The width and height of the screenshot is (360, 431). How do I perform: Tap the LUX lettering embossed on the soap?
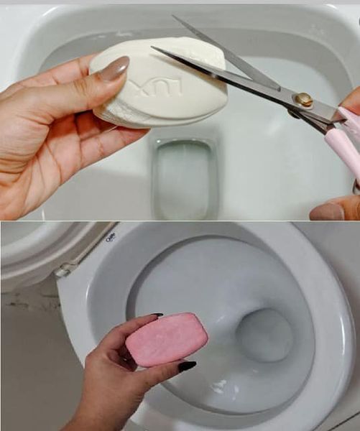pos(165,90)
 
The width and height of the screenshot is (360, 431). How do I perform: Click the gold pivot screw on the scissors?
pos(304,99)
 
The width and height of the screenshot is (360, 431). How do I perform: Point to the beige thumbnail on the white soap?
pos(115,69)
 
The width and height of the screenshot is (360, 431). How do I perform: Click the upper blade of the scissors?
pos(223,54)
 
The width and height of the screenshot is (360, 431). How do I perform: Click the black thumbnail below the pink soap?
pos(187,366)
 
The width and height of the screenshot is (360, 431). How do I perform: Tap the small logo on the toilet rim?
pos(111,238)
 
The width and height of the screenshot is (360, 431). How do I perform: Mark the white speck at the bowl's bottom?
pos(219,387)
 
